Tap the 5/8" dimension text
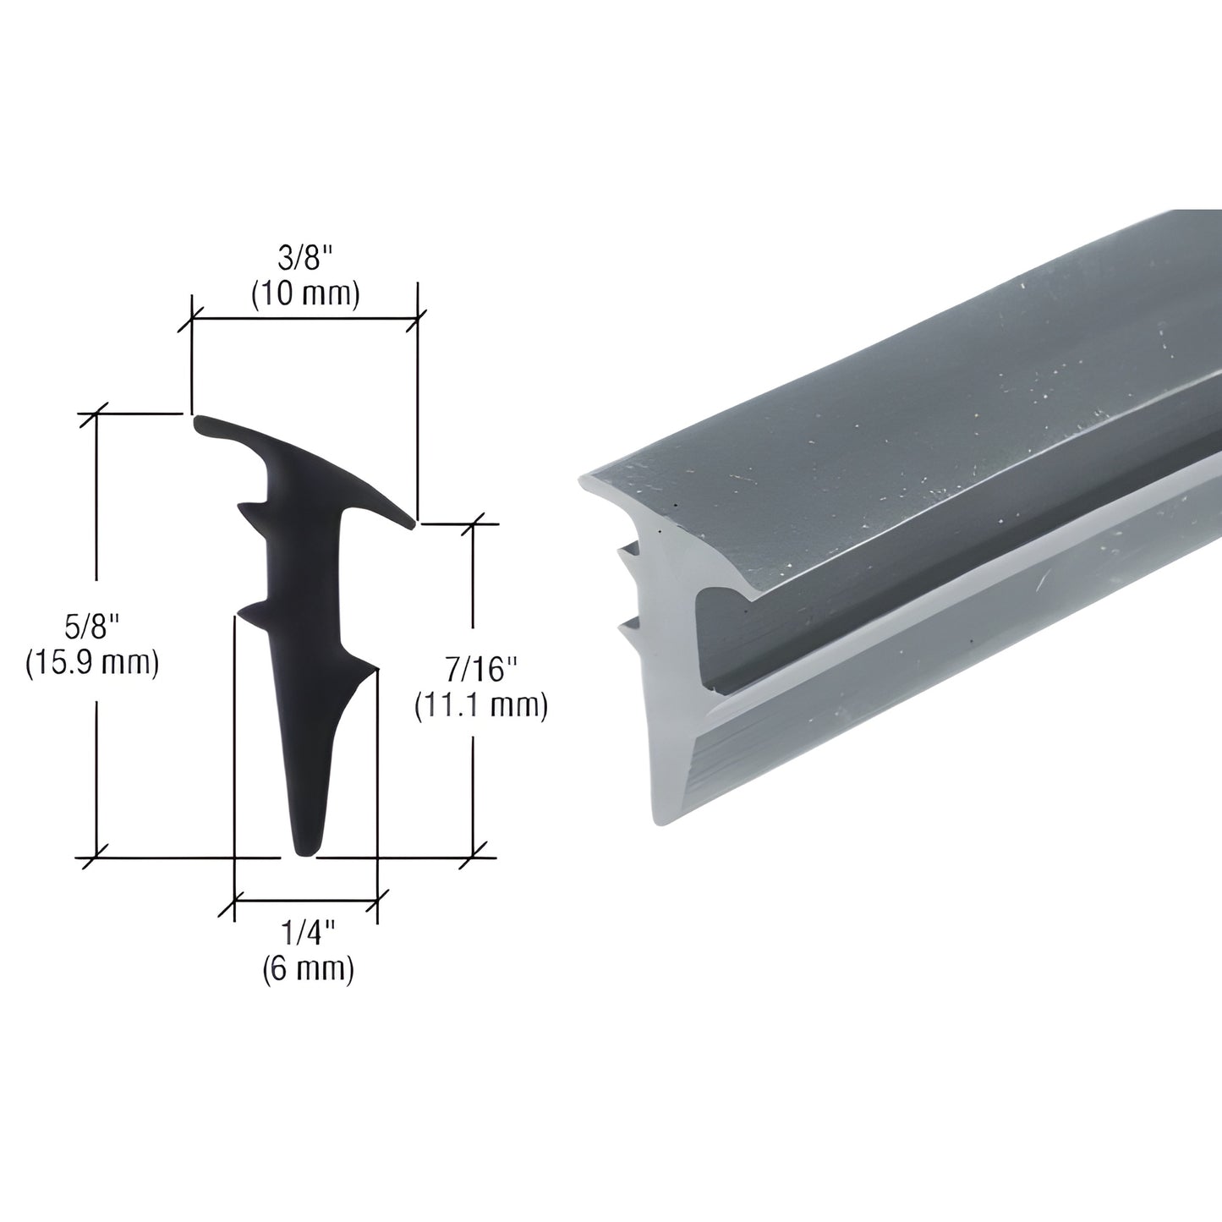[x=92, y=627]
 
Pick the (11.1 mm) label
[x=480, y=705]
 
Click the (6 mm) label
[x=306, y=969]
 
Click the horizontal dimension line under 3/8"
[x=304, y=319]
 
